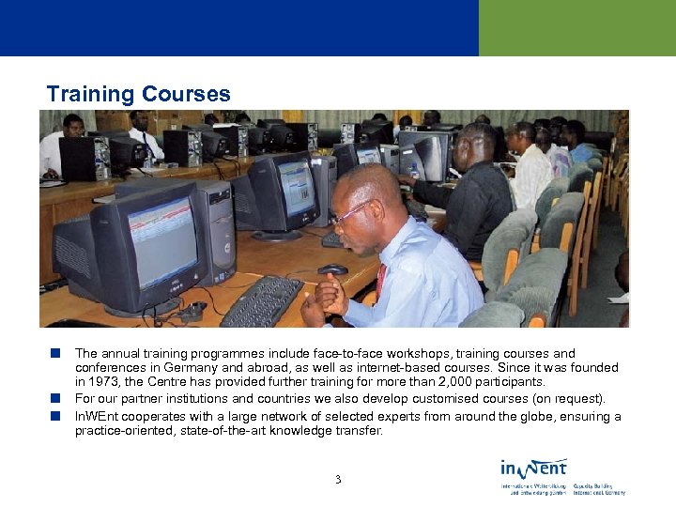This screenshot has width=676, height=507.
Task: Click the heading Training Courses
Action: (138, 94)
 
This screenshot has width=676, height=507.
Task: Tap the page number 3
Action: (338, 480)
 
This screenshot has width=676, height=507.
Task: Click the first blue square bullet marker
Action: (56, 354)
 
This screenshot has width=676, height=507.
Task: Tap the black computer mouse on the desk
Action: (332, 269)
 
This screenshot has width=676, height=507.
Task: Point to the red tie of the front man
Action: (380, 280)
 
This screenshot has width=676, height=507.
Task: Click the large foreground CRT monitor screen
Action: (161, 241)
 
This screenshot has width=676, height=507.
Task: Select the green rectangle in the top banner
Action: (576, 28)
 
